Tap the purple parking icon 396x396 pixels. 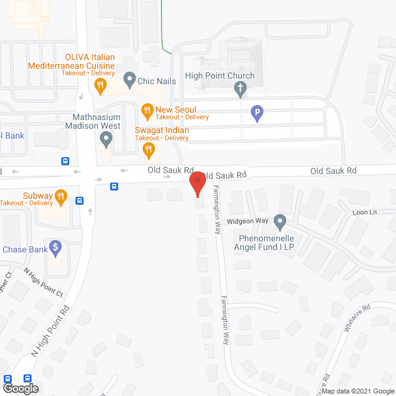tap(256, 113)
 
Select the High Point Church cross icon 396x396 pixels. tap(241, 90)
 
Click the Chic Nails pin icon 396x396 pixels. tap(129, 79)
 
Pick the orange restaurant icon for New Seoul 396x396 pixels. tap(147, 111)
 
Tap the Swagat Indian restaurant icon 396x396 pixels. tap(148, 149)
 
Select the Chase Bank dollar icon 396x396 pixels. tap(56, 248)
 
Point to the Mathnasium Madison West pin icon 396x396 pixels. tap(106, 142)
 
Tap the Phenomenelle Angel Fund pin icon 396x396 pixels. tap(280, 221)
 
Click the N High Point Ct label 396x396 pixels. tap(43, 282)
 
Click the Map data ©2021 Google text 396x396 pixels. tap(356, 390)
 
